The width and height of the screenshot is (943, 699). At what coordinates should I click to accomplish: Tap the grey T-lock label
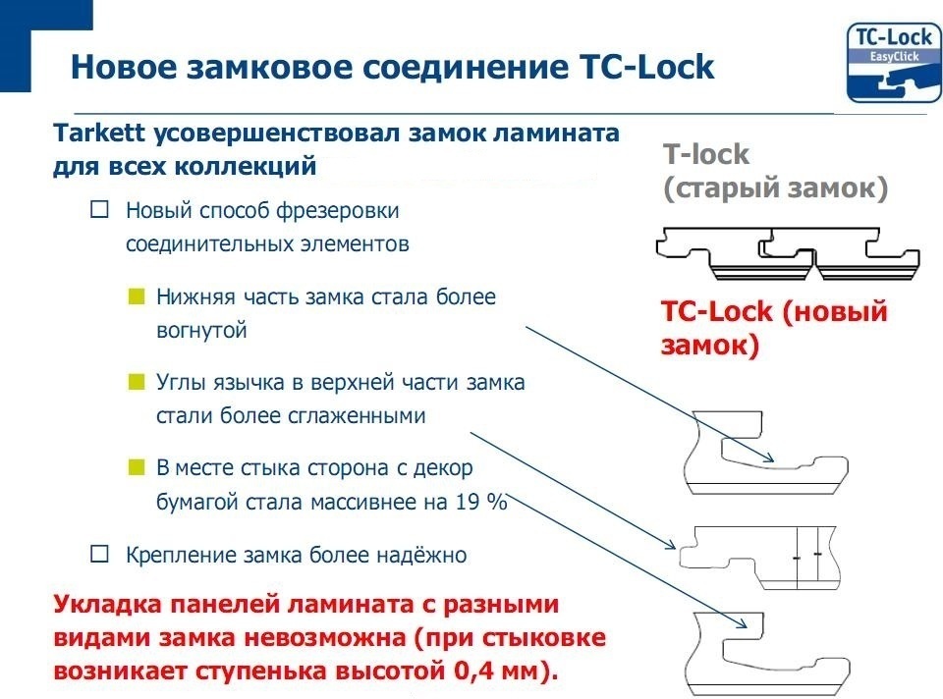coord(705,154)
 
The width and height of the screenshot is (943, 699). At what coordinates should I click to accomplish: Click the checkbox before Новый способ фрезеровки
coord(98,209)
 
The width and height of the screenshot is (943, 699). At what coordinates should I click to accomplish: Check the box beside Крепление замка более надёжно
coord(98,555)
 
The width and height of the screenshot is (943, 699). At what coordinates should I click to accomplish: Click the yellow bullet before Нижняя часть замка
coord(136,296)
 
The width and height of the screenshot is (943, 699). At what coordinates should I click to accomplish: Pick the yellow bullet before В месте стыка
coord(136,466)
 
